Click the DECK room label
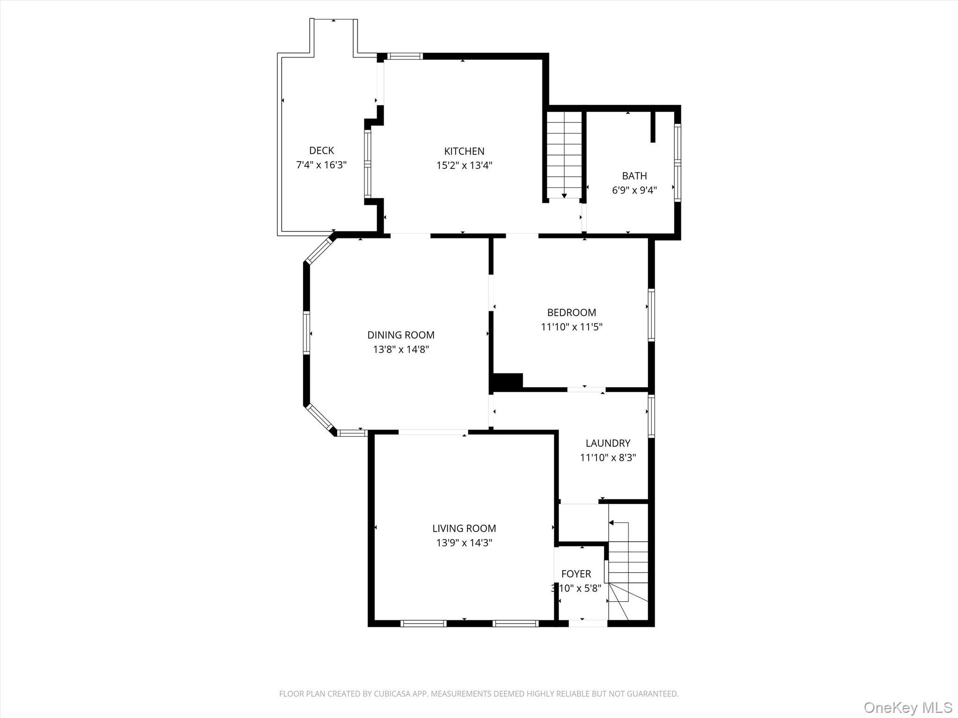[x=321, y=151]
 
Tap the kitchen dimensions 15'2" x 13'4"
[x=464, y=165]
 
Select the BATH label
[x=634, y=176]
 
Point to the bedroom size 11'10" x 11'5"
[x=572, y=327]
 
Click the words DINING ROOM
[x=401, y=335]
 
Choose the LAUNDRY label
[x=608, y=443]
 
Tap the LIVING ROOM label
[x=464, y=528]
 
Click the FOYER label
[x=576, y=574]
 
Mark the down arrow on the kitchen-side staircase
[x=564, y=195]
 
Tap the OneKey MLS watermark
[x=907, y=707]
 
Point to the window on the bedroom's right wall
[x=651, y=315]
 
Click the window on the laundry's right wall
[x=651, y=416]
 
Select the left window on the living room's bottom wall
[x=423, y=623]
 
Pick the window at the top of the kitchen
[x=405, y=57]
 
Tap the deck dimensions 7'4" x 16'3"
[x=321, y=165]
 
